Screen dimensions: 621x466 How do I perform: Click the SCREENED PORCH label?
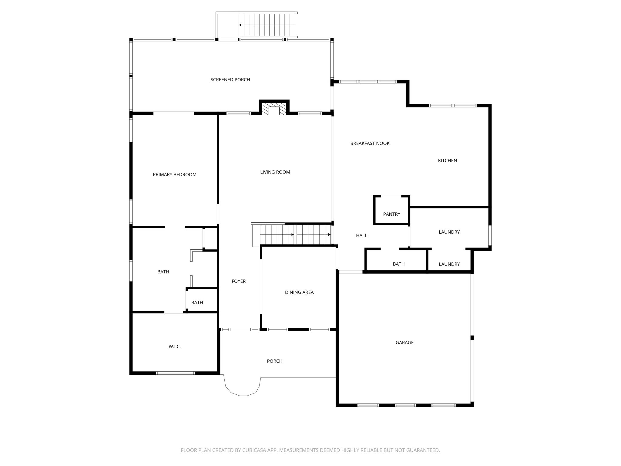pos(230,80)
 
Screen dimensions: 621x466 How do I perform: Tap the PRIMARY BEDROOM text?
pos(175,174)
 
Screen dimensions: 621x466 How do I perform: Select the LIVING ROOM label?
pos(275,172)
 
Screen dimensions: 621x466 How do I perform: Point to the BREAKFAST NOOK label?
pos(370,143)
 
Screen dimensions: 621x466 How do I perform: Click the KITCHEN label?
pos(448,160)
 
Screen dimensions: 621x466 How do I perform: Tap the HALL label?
pos(362,235)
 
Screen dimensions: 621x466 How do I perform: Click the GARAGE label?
pos(404,343)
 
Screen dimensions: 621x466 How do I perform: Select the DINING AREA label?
pos(299,292)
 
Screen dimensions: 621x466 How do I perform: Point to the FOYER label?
pos(239,281)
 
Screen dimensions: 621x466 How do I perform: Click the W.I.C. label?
pos(175,346)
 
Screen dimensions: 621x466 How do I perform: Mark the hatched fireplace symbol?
pos(274,109)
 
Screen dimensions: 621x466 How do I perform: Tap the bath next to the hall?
pos(396,260)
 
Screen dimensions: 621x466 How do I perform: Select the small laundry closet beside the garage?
pos(449,260)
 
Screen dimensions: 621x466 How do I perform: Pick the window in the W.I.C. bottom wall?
pos(176,373)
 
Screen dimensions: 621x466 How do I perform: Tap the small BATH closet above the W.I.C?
pos(202,300)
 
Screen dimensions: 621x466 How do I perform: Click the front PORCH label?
pos(275,361)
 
